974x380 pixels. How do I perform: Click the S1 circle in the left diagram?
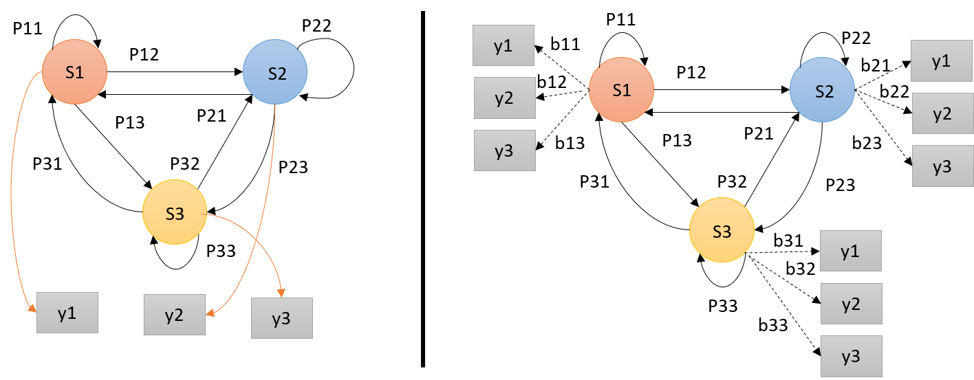click(x=74, y=73)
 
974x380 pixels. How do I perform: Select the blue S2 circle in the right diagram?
click(x=821, y=91)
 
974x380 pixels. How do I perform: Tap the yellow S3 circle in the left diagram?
click(x=175, y=213)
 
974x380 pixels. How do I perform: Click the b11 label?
click(x=566, y=45)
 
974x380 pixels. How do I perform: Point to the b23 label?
click(x=867, y=142)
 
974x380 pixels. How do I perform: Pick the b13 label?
click(x=570, y=143)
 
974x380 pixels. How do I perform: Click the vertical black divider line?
click(x=422, y=189)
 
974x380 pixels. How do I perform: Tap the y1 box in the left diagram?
click(x=67, y=313)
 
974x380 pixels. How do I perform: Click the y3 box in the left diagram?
click(x=281, y=318)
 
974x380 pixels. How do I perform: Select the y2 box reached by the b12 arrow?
click(x=504, y=98)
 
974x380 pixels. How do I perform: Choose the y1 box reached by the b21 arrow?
click(x=942, y=60)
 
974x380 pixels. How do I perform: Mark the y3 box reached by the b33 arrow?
click(x=852, y=356)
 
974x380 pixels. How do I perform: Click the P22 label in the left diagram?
click(x=316, y=26)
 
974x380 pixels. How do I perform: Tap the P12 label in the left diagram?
click(x=144, y=55)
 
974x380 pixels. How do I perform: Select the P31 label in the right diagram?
click(x=594, y=181)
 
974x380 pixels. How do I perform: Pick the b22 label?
click(x=895, y=91)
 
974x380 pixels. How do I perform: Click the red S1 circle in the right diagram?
click(x=621, y=90)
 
